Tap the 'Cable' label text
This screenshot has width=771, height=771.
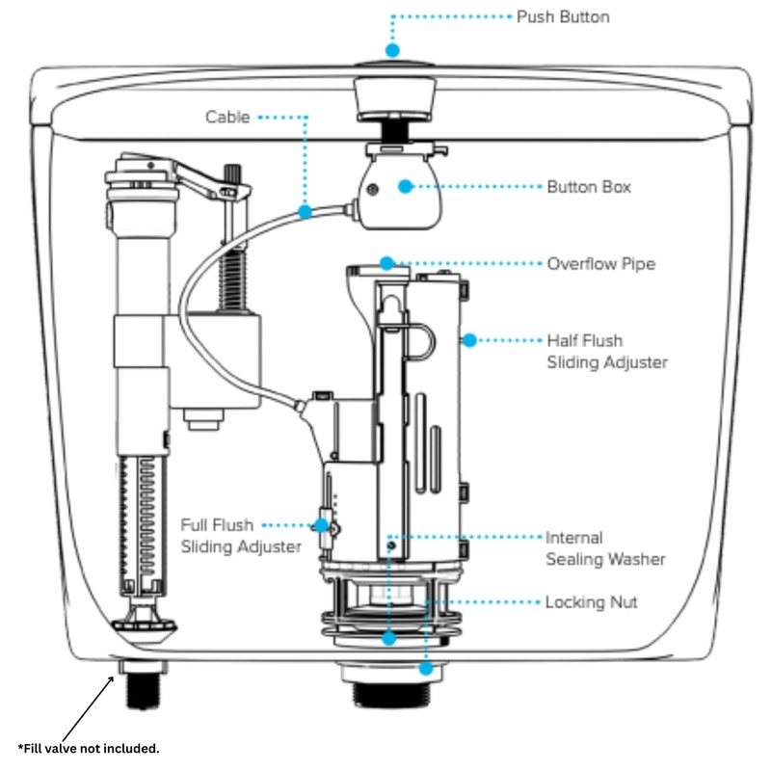[227, 117]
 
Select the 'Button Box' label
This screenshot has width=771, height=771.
[589, 187]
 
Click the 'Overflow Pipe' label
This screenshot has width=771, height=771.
[601, 263]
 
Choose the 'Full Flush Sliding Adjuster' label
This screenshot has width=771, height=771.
[241, 536]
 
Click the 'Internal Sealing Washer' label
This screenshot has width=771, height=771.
[605, 548]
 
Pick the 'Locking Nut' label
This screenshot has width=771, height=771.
[591, 602]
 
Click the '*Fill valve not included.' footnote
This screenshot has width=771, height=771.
[89, 748]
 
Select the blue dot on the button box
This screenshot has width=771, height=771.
[406, 187]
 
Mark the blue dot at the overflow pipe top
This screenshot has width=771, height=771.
[387, 262]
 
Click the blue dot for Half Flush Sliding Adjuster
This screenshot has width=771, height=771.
[469, 340]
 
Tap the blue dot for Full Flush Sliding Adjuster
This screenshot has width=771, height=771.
[320, 526]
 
